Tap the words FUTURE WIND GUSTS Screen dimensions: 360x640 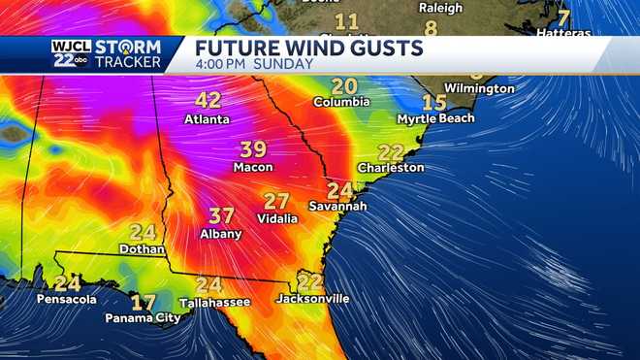coord(309,48)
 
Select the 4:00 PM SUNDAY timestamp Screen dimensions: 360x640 coord(254,64)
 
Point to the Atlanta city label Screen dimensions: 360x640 coord(207,119)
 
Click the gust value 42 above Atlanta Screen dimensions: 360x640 coord(208,100)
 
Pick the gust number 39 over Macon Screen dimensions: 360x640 coord(252,149)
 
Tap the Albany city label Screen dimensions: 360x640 coord(221,235)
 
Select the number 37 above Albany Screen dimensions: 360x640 coord(221,215)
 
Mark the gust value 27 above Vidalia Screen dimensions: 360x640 coord(276,202)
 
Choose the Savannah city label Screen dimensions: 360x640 coord(337,207)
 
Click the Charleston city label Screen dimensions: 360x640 coord(391,168)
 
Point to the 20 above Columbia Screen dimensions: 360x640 coord(343,85)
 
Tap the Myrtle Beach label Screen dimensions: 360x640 coord(435,118)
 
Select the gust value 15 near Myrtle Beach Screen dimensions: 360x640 coord(433,102)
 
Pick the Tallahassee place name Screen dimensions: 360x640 coord(208,303)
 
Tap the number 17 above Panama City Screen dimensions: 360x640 coord(143,302)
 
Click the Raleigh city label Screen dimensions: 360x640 coord(440,8)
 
